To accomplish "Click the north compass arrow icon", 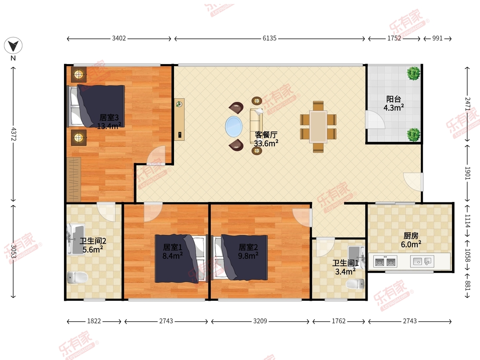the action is [x=13, y=46].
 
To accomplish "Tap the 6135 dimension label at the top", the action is [x=270, y=38].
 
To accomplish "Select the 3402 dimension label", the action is [x=119, y=38].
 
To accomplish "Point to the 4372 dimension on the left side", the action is [x=14, y=134].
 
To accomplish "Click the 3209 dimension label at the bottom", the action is [x=260, y=321].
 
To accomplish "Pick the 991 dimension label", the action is [x=437, y=38].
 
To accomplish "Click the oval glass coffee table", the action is [x=234, y=126].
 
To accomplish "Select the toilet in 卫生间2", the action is [x=78, y=277].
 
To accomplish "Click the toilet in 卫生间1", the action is [x=355, y=284].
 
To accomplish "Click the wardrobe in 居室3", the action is [x=74, y=179].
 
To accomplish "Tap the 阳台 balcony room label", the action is [x=394, y=99].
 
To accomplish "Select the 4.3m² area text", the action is [x=394, y=108].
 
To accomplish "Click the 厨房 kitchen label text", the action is [x=411, y=236].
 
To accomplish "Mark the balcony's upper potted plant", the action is [x=413, y=73].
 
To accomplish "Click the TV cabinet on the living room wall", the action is [x=179, y=120].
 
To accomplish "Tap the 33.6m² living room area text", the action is [x=266, y=143].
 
